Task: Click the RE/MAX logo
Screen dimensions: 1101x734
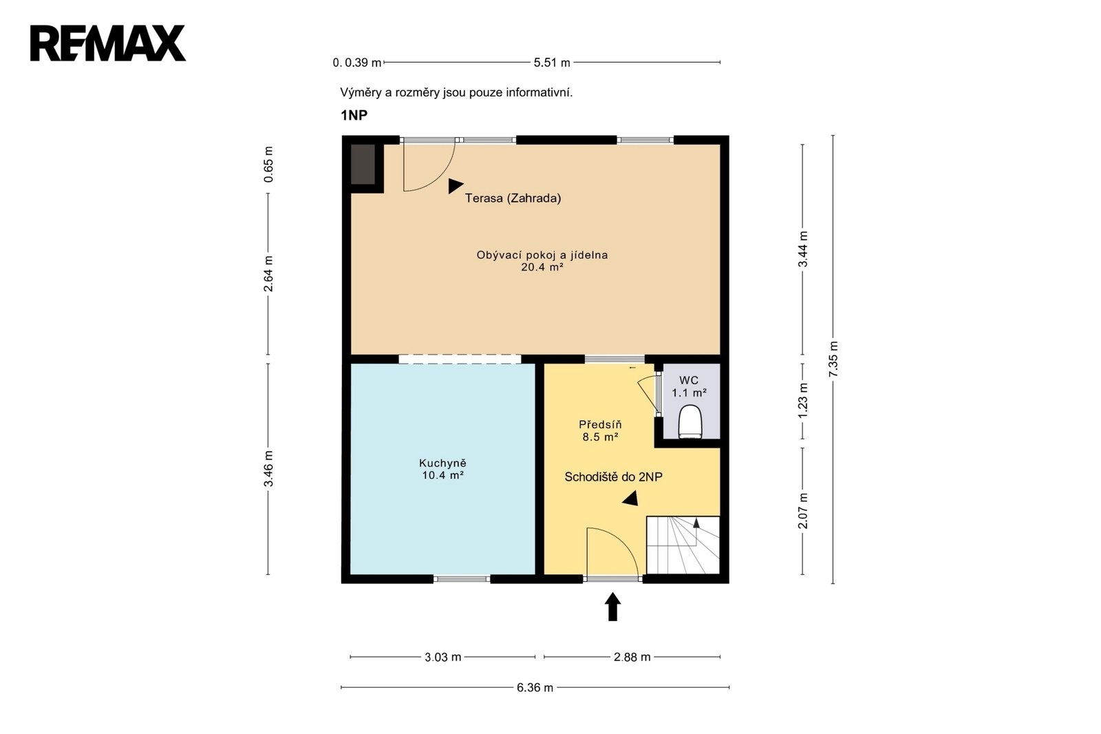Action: [x=108, y=43]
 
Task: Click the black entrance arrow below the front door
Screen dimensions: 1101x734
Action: [x=612, y=607]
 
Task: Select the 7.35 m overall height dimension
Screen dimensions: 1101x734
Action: [x=833, y=359]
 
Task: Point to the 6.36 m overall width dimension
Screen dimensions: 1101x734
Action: [x=535, y=687]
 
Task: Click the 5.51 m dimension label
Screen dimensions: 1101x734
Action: [x=552, y=63]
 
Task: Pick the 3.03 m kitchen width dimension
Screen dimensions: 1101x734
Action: [x=443, y=657]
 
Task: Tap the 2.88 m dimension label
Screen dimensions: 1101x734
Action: [x=632, y=657]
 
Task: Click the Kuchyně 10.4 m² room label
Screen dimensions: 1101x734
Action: [x=443, y=469]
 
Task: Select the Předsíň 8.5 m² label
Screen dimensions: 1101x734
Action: [x=600, y=430]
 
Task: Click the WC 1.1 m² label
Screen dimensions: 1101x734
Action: [x=689, y=386]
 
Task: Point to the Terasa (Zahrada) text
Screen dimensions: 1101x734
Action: [x=513, y=198]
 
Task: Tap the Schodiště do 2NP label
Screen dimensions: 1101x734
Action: [x=613, y=476]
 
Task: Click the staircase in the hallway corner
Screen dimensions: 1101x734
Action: [x=683, y=545]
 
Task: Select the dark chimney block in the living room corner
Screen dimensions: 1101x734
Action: [x=363, y=165]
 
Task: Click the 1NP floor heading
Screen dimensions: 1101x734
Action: [x=354, y=115]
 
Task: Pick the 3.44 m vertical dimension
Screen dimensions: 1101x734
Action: [x=802, y=249]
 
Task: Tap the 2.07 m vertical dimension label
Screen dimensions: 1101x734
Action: [x=802, y=511]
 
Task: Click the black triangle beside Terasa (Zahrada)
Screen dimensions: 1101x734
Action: [x=455, y=186]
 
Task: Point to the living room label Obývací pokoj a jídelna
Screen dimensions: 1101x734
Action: [x=542, y=255]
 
